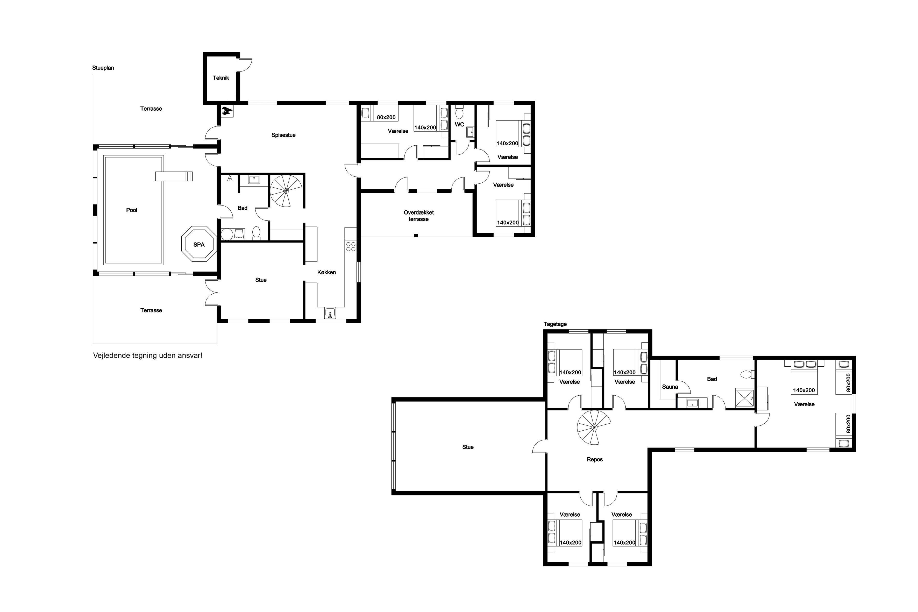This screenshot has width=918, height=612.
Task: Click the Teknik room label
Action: click(x=221, y=78)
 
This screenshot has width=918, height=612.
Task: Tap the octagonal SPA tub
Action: click(x=199, y=244)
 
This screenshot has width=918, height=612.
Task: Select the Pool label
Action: click(x=132, y=210)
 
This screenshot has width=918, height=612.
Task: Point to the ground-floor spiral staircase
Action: click(x=286, y=191)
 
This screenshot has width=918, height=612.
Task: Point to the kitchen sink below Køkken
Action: click(x=330, y=313)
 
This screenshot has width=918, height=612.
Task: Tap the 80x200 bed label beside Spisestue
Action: click(x=386, y=117)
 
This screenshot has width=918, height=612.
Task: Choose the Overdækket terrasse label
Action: click(x=418, y=216)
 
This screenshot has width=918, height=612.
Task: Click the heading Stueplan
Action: click(x=103, y=68)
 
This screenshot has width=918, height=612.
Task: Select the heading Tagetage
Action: click(x=555, y=324)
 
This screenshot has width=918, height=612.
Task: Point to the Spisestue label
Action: click(x=283, y=135)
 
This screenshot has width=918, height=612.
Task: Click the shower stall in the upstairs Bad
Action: click(x=744, y=398)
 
